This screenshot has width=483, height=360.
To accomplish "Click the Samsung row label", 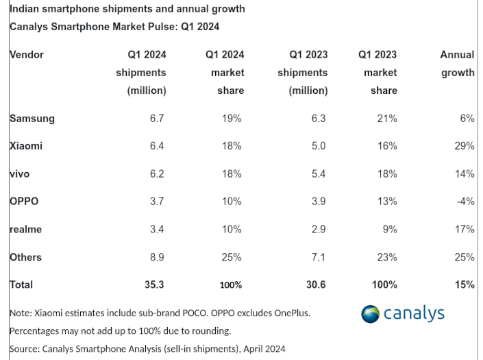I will click(x=32, y=118).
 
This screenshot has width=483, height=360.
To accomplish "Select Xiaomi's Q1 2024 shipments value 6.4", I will click(x=158, y=146).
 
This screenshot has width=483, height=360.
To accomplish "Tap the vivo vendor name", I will click(x=20, y=174).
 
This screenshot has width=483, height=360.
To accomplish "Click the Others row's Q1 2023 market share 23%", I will click(x=386, y=257).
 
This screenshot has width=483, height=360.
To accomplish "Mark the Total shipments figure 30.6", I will click(x=315, y=284).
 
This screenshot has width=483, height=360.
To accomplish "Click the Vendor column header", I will click(x=27, y=55).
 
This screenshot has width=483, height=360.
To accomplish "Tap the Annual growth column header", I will click(x=457, y=64).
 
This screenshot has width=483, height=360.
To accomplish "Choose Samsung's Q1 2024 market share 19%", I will click(x=232, y=118).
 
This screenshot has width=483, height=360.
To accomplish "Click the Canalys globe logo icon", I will click(x=371, y=314).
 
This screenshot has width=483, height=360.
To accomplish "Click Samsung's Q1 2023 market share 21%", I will click(x=386, y=118).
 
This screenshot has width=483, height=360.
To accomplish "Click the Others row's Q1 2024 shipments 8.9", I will click(x=158, y=257).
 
